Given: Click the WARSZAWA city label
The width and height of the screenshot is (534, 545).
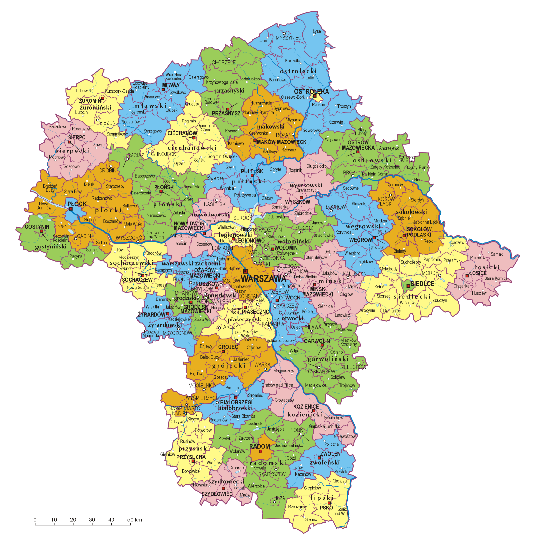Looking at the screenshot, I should [x=263, y=278].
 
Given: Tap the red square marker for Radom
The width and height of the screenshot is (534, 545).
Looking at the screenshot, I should [x=261, y=451].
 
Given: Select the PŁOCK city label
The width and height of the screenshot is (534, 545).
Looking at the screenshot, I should [x=77, y=204].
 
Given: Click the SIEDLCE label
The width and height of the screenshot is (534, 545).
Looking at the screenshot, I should [x=422, y=284].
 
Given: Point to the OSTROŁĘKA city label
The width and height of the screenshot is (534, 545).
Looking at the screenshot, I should [x=311, y=91].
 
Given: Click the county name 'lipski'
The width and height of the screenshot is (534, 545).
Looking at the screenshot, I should [x=321, y=498].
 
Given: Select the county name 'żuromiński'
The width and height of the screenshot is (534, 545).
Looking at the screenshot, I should [x=95, y=107].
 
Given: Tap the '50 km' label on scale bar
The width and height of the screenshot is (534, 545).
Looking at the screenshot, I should [x=134, y=520].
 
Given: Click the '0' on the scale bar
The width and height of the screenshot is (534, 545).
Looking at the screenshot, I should [x=35, y=520].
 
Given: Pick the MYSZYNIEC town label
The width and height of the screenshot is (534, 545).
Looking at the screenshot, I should [x=288, y=38].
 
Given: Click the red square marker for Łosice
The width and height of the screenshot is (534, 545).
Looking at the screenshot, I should [x=467, y=276].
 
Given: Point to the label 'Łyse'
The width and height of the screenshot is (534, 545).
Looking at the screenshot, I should [x=317, y=31].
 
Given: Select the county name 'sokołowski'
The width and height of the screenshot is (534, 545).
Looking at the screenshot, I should [x=411, y=212].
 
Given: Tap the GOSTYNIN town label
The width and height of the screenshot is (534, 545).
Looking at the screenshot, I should [x=37, y=227].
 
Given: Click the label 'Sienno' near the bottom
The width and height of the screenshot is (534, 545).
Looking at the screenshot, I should [x=311, y=519].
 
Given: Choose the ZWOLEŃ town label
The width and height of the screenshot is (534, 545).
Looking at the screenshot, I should [x=330, y=454].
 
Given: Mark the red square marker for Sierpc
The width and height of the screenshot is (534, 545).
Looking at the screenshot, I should [x=69, y=142].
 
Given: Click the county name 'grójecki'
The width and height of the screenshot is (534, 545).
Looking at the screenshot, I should [x=229, y=366].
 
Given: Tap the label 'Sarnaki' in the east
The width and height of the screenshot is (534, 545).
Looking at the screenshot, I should [x=497, y=254].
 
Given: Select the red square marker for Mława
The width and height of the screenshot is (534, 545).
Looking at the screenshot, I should [x=163, y=89].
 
